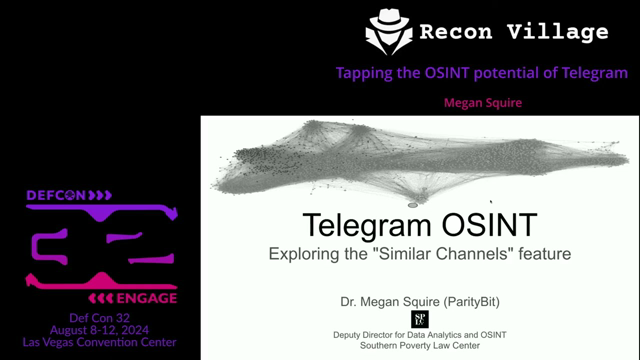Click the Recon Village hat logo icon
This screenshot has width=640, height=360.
[389, 31]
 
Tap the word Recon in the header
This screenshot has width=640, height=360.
[459, 31]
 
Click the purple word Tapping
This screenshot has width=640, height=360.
[363, 73]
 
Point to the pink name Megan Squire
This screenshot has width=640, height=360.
[483, 103]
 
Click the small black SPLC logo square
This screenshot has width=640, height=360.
[419, 319]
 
